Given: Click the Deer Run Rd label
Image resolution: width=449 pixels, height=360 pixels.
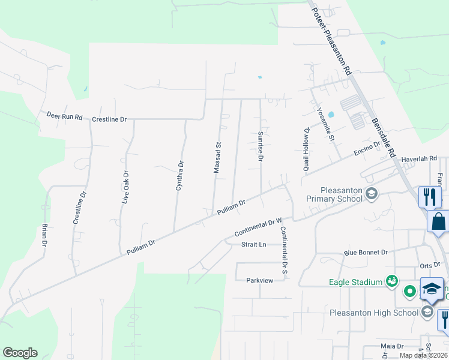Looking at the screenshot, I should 64,116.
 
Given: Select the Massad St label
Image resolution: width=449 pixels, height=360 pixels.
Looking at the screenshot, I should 218,158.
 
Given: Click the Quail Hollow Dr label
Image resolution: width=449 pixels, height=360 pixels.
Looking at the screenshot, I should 307,149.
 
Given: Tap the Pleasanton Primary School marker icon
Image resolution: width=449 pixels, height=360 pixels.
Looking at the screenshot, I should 372,193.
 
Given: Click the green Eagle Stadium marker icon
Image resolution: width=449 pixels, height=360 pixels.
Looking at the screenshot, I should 392,281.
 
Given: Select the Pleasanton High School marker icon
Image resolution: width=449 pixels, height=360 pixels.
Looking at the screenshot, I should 427,311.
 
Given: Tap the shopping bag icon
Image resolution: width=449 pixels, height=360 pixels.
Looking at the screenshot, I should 438,221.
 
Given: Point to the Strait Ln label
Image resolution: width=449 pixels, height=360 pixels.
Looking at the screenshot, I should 253,245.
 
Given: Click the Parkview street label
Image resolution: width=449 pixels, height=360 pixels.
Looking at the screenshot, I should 259,280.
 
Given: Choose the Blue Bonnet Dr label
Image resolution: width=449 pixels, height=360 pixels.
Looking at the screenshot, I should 366,253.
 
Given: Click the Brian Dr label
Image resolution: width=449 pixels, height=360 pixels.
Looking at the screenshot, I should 44,235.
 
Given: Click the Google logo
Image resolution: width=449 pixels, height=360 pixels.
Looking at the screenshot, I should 20,353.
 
